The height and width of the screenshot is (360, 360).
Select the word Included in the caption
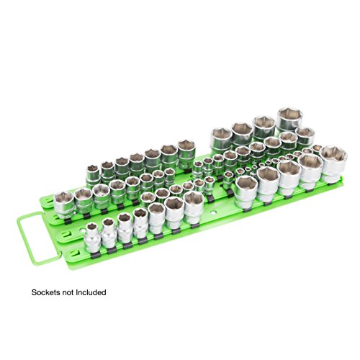point(91,292)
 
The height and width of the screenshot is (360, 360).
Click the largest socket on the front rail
point(194,207)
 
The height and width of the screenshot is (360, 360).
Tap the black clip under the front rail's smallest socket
point(96,256)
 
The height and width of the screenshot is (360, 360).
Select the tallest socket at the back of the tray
point(289,121)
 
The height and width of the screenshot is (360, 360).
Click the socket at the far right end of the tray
point(333,163)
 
